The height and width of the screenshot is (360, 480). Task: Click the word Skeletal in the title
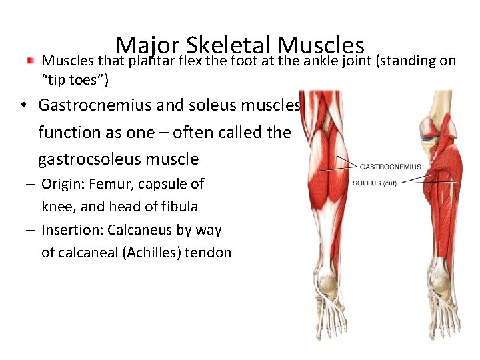(229, 45)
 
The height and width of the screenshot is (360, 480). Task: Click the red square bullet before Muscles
(30, 61)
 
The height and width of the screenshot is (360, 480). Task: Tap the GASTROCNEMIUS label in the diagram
(391, 167)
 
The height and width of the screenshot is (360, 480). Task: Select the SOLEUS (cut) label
(374, 183)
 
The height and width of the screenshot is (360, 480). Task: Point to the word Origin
(62, 184)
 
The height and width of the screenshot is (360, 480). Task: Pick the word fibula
(177, 207)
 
